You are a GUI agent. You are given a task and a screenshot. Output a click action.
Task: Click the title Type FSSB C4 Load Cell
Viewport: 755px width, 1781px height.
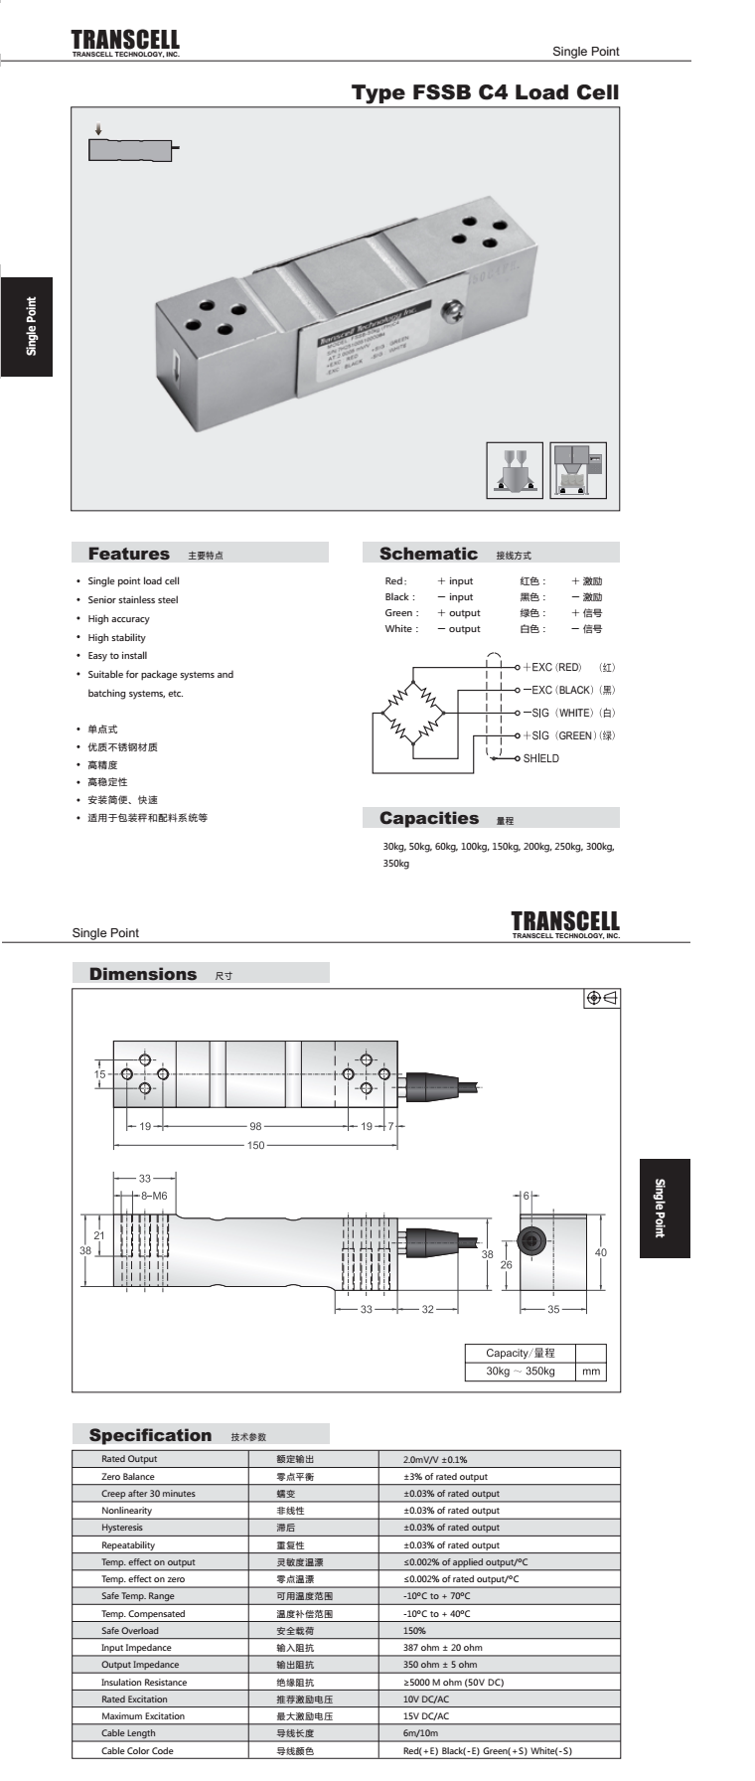coord(485,92)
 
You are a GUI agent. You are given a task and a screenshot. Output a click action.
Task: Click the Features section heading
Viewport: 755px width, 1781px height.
coord(129,554)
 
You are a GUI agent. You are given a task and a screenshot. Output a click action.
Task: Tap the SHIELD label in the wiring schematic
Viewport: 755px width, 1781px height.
coord(541,758)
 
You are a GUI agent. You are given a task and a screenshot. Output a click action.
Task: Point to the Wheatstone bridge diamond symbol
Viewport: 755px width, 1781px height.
coord(413,713)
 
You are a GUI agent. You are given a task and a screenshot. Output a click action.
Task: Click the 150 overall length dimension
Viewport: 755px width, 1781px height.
coord(256,1146)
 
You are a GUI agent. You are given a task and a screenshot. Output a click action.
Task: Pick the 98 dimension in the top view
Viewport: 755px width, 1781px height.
coord(255,1126)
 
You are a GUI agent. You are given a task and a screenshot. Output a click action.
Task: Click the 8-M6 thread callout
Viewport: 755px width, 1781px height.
coord(154,1196)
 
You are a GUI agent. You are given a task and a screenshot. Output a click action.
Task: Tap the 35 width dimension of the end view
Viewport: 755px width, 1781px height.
coord(553,1309)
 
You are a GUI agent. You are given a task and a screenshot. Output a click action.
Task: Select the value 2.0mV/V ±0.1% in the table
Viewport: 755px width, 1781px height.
coord(435,1459)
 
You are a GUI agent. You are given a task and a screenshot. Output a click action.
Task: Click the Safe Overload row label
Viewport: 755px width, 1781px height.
coord(130,1631)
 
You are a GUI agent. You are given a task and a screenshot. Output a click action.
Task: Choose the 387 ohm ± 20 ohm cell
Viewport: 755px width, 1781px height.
coord(443,1648)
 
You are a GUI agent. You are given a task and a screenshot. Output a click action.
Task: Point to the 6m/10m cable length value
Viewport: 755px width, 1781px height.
coord(421,1733)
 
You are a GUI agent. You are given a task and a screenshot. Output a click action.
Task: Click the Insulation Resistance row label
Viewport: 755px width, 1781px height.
coord(144,1683)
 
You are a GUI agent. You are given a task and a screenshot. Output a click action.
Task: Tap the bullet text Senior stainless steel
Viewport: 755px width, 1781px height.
coord(133,599)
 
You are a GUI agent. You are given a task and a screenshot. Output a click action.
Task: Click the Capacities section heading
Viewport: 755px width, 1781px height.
coord(429,818)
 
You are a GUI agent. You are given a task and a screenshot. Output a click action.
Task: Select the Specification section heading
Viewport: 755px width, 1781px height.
coord(151,1435)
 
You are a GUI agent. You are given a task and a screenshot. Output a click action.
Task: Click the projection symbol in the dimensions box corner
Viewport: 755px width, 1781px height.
coord(602,998)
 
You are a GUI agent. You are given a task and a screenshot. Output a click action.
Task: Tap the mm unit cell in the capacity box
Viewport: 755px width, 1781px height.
coord(591,1372)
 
